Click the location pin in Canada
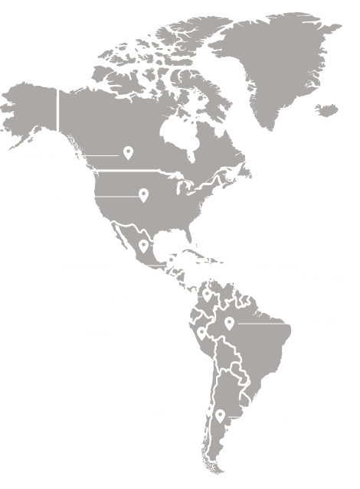[x=129, y=153]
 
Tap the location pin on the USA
[x=143, y=195]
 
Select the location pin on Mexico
[x=143, y=246]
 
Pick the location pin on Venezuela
[x=223, y=280]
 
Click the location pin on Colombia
[x=207, y=295]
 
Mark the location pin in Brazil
[x=229, y=323]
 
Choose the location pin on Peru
[x=201, y=333]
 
